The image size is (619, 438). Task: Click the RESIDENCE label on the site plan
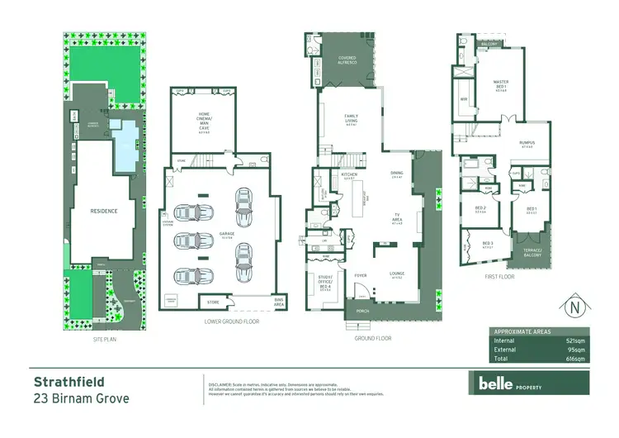[104, 211]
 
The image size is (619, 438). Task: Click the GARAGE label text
[227, 234]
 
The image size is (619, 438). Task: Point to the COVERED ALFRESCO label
[347, 60]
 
